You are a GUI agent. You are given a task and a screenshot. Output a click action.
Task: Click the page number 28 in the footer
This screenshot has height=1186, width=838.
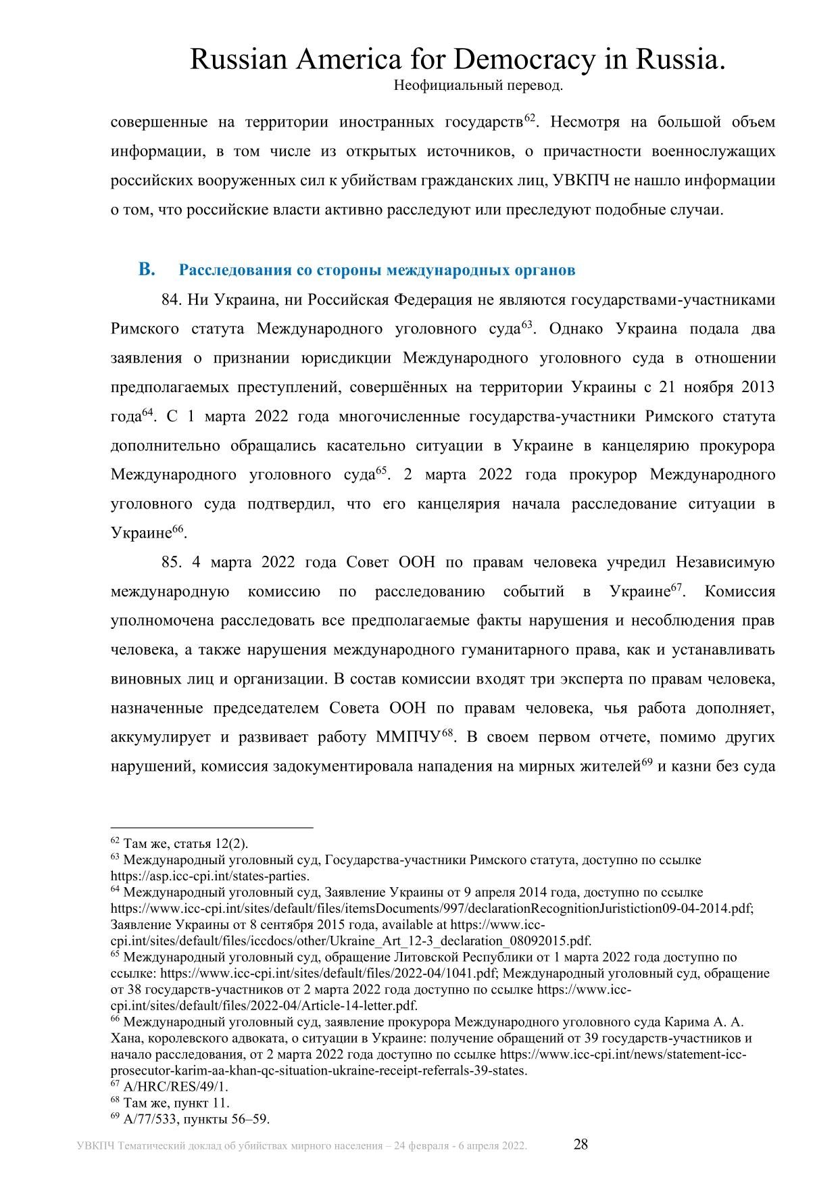pos(581,1145)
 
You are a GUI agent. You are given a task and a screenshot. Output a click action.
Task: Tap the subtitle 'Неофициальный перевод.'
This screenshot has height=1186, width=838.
pos(478,86)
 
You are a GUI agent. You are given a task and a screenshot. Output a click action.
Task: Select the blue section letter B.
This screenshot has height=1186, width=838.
pos(146,270)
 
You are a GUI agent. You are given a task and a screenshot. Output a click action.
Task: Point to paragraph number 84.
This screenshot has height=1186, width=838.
pos(171,300)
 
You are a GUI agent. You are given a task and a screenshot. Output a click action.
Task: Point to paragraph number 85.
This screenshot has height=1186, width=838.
pos(171,563)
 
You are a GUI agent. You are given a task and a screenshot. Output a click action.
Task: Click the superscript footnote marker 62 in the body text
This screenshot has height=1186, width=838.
pos(530,119)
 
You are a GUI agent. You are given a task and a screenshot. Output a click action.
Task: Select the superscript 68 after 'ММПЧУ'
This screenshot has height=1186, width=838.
pos(446,733)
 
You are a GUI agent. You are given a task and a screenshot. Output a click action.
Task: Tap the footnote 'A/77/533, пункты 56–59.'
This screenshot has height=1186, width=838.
pos(197,1119)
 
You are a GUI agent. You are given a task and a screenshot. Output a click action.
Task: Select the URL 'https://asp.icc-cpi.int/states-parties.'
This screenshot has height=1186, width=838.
pos(209,876)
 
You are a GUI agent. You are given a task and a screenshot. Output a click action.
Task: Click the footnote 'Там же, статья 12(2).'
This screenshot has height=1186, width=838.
pos(186,844)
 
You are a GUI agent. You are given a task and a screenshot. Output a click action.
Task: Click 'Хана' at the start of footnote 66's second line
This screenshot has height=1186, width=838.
pos(124,1039)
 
